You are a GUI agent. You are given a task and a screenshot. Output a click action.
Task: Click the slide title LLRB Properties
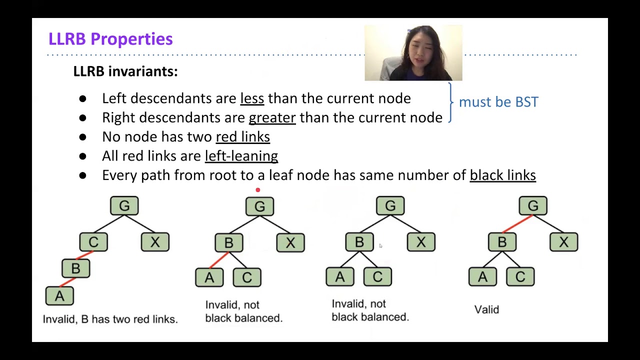coord(110,39)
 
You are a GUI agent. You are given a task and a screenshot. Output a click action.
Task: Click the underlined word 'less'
coord(252,98)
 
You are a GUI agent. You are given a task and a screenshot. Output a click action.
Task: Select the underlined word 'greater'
coord(272,117)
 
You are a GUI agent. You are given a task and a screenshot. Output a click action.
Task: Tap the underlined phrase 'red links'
coord(242,137)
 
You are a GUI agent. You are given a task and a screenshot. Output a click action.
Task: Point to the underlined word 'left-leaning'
coord(241,156)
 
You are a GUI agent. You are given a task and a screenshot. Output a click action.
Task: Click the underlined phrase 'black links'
coord(502,175)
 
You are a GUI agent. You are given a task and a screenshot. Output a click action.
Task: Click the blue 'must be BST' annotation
coord(498,102)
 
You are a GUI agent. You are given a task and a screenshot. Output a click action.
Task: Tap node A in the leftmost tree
coord(59,296)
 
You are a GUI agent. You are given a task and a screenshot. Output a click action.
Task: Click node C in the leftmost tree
coord(93,242)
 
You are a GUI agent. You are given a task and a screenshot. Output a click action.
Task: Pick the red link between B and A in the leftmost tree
coord(67,282)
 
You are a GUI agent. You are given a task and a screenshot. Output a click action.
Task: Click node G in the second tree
coord(259,206)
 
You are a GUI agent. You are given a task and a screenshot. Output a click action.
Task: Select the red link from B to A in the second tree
coord(218,260)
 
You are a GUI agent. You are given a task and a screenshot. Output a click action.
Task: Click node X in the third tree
coord(421,242)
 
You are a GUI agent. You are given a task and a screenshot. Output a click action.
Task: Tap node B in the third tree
coord(359,242)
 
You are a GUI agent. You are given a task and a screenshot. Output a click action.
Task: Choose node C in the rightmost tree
coord(520,276)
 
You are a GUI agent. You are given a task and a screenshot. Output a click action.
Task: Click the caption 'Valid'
coord(486,309)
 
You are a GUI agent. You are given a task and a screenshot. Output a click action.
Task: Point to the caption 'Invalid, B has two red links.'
coord(110,319)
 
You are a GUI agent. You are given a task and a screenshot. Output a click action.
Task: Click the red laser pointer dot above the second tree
coord(258,190)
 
